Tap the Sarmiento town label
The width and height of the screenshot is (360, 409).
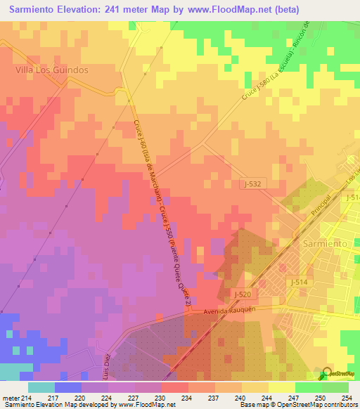[325, 242]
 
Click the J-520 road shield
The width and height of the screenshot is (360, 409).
[241, 294]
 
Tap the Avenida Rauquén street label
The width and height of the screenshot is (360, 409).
[222, 309]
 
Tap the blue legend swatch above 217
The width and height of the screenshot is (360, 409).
[68, 387]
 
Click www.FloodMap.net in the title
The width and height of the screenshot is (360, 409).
[231, 10]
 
